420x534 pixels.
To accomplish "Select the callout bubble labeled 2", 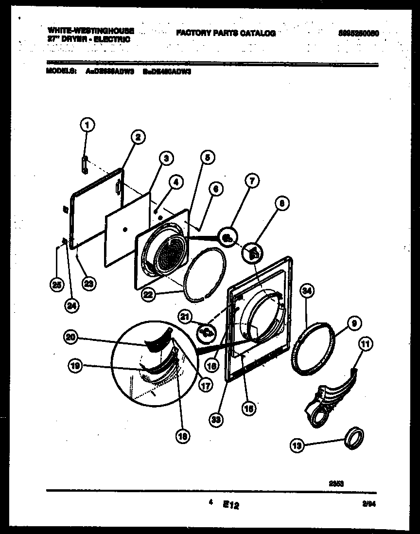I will tap(138, 138).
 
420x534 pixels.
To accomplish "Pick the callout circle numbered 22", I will tap(148, 294).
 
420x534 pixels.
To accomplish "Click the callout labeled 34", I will tap(307, 291).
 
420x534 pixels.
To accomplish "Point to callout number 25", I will tap(57, 285).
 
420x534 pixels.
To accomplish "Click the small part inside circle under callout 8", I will tap(253, 252).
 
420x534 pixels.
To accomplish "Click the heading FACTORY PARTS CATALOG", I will tap(226, 33).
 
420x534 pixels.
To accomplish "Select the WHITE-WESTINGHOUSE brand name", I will tap(91, 30).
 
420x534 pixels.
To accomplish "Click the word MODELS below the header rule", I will tap(61, 70).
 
